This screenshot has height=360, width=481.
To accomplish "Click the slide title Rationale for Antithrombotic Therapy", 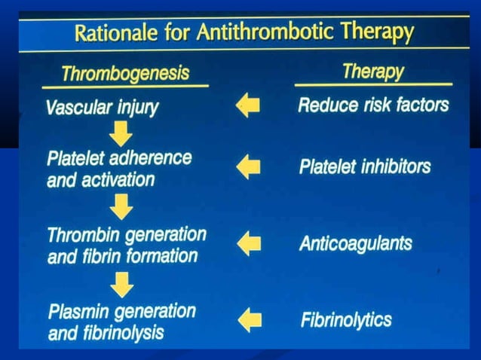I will click(x=243, y=33).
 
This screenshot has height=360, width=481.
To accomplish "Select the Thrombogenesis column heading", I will click(x=125, y=74).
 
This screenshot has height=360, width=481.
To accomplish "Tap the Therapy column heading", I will click(x=373, y=72).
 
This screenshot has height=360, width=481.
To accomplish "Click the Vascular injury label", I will click(x=102, y=106).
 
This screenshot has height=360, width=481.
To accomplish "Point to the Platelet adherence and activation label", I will click(x=118, y=169).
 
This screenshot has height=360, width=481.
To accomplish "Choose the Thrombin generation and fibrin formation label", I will click(x=126, y=245).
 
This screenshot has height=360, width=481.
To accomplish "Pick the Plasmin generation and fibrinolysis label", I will click(x=121, y=322).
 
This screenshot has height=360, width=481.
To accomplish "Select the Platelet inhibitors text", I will click(x=364, y=166).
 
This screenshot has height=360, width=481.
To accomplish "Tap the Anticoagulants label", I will click(x=355, y=243).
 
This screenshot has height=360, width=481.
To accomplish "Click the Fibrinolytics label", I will click(x=346, y=320).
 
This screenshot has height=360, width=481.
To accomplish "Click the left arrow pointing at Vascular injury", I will click(x=247, y=105).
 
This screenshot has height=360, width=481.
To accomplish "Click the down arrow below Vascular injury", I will click(x=121, y=134).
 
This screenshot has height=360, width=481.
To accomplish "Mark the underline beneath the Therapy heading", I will click(x=373, y=84).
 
